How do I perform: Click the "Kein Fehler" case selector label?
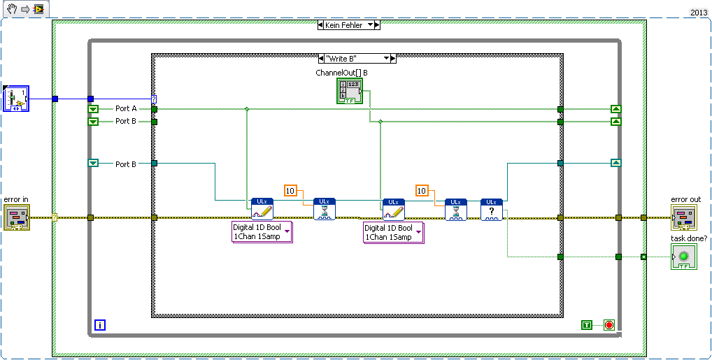point(344,24)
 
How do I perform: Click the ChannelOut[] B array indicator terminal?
point(349,92)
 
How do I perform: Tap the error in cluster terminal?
point(16,217)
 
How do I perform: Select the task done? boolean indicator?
point(683,257)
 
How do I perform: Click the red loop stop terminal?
point(608,325)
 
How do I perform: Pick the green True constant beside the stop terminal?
point(588,325)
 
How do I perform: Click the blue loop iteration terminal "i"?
point(100,325)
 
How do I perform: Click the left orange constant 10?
point(291,190)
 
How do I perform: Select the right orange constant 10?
point(422,190)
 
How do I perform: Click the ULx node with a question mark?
point(491,210)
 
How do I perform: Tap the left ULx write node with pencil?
point(262,210)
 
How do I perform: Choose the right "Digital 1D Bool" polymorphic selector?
point(393,232)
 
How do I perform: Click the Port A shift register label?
point(126,108)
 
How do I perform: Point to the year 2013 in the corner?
point(699,13)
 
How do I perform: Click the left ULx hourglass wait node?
point(325,210)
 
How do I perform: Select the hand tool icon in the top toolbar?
point(8,9)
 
